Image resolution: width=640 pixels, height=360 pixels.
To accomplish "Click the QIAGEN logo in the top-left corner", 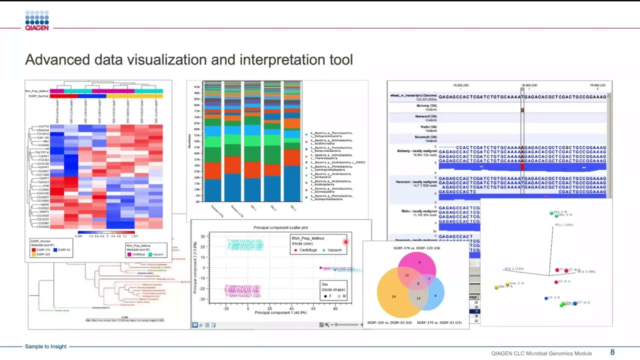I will (37, 21).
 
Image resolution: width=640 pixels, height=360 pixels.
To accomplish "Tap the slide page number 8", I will (612, 352).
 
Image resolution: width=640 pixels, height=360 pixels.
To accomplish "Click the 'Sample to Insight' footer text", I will (45, 346).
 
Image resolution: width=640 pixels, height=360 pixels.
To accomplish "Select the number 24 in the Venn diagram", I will (393, 297).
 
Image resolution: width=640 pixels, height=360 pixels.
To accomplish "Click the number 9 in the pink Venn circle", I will (419, 262).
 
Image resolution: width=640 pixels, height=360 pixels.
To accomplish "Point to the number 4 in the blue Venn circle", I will (435, 295).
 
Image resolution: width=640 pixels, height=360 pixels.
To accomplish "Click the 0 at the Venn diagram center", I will (418, 283).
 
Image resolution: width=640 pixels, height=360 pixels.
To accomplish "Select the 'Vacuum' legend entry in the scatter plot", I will (334, 250).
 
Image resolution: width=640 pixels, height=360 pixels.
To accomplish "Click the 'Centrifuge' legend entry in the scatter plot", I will (307, 250).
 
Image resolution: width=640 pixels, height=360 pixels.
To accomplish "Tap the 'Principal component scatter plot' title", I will (280, 228).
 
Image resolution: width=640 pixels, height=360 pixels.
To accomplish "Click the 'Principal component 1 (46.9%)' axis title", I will (280, 312).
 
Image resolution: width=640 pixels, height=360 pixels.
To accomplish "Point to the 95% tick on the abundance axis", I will (197, 87).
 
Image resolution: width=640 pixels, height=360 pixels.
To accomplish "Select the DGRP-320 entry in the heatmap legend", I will (43, 254).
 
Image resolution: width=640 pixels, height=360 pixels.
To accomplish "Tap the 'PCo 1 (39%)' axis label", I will (563, 225).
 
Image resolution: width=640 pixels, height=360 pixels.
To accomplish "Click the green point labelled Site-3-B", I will (551, 213).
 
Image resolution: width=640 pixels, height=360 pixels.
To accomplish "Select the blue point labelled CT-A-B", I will (546, 298).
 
